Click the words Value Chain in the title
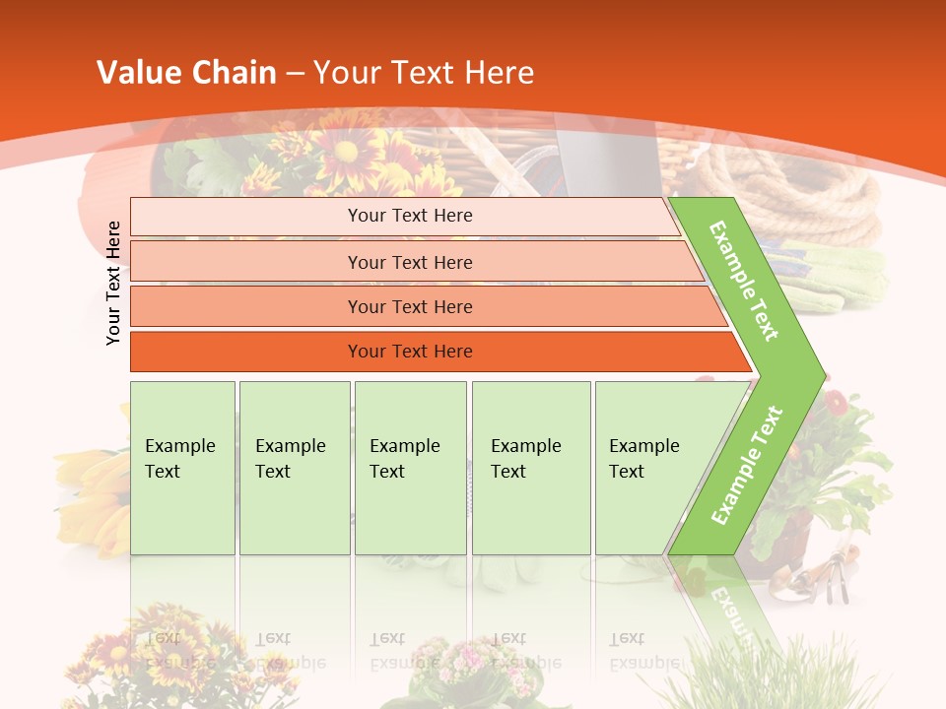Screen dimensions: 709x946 coord(186,73)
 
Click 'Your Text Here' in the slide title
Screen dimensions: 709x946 coord(424,73)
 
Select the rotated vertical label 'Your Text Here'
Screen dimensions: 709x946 coord(114,284)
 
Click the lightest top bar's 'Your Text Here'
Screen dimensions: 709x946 coord(410,216)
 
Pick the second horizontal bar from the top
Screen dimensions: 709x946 coord(410,262)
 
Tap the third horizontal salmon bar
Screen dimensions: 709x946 coord(410,306)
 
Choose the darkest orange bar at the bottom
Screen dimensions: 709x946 coord(410,352)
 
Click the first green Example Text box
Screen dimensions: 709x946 coord(182,468)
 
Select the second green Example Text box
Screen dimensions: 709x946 coord(294,468)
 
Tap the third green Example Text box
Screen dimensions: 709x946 coord(409,468)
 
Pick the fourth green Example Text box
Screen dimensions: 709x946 coord(530,468)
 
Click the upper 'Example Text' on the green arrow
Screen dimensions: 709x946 coord(744,281)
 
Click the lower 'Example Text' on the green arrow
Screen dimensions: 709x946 coord(747,465)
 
